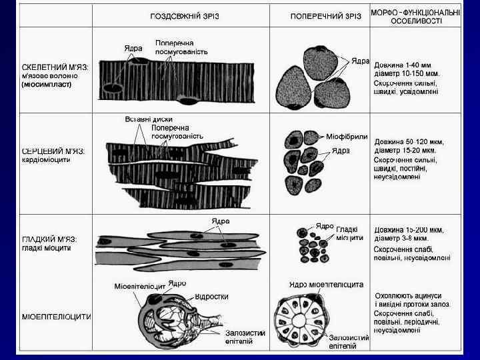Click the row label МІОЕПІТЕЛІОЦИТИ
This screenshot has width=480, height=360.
56,317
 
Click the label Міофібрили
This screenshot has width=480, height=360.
347,136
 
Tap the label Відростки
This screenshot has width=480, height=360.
212,296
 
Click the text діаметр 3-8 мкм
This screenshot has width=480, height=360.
401,238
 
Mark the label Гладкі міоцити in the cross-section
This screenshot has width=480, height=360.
350,233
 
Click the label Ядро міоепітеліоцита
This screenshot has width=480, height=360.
326,285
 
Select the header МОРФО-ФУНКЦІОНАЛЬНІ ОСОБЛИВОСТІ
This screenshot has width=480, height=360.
415,17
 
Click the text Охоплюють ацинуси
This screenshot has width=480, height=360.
408,295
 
